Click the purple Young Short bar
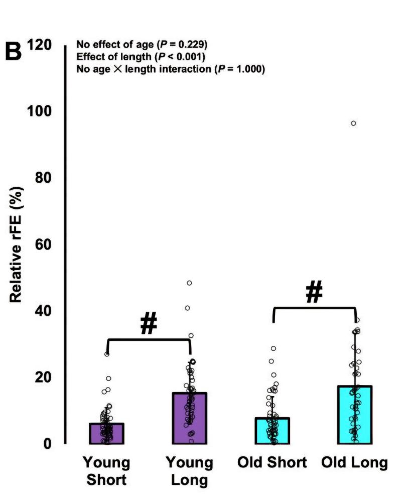[106, 434]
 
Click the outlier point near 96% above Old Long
[353, 123]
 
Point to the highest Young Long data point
[189, 283]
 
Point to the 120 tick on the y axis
[40, 45]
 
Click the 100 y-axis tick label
[40, 111]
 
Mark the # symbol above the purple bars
[149, 325]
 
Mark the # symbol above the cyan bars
[314, 293]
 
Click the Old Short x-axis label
[272, 462]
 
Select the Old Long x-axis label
[355, 462]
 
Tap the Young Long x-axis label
[190, 471]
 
